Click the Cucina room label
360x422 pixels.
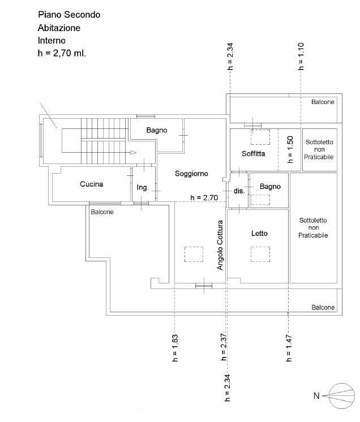pos(91,184)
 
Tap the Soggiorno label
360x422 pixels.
pos(191,174)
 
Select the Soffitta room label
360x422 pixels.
pos(253,154)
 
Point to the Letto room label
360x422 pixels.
pos(259,233)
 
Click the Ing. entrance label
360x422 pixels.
pos(143,187)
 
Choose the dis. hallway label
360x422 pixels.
pos(239,191)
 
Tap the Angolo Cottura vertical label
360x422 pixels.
pos(220,245)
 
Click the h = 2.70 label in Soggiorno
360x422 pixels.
pos(204,198)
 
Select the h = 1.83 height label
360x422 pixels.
pos(175,348)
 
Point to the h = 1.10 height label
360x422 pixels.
pos(301,56)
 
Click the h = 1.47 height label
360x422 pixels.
pos(289,348)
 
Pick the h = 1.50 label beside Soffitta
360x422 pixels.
pos(290,149)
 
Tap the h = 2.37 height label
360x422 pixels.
pos(224,347)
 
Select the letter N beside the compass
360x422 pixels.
pos(316,396)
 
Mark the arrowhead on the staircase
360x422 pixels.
pos(133,153)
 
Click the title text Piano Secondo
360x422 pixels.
pos(69,15)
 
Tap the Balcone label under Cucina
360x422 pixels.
pos(102,212)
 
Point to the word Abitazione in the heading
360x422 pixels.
pos(59,28)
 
